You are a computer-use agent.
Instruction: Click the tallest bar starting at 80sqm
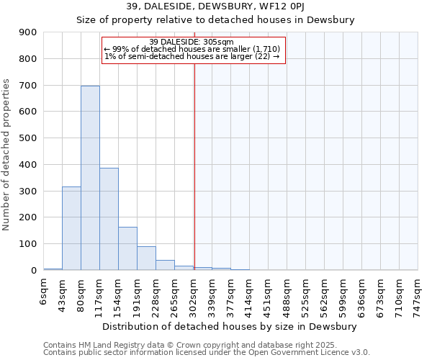[x=90, y=178]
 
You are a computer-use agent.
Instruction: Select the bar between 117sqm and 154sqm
[x=109, y=219]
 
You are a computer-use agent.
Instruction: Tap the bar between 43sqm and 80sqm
[x=71, y=228]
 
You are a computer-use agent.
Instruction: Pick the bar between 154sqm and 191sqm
[x=127, y=248]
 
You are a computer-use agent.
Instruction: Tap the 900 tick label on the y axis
[x=28, y=32]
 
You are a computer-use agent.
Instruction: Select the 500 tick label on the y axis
[x=28, y=138]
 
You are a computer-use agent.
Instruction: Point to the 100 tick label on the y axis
[x=28, y=244]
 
